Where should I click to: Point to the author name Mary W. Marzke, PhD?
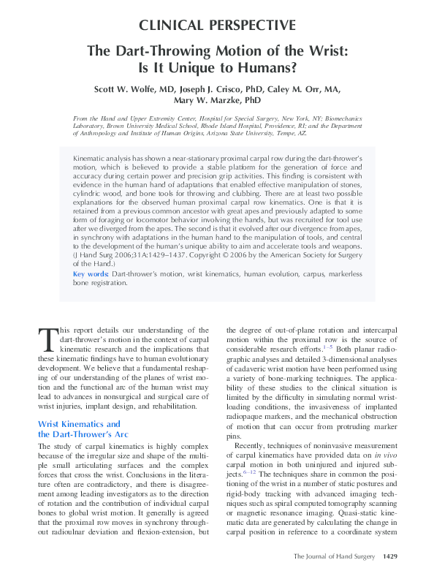click(217, 101)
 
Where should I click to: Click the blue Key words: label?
click(91, 274)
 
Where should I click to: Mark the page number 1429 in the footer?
click(389, 557)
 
